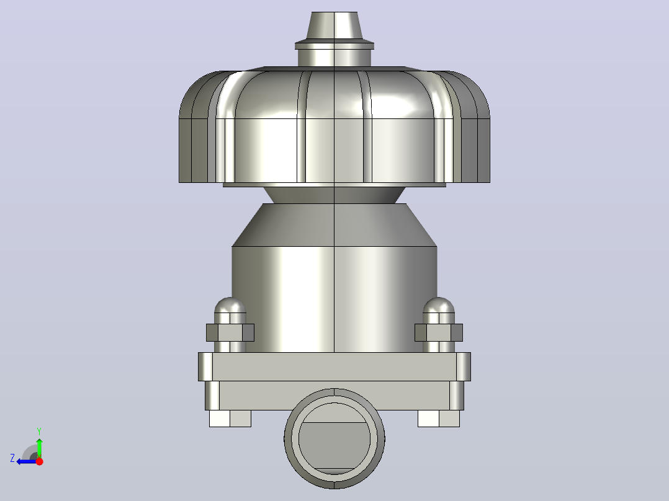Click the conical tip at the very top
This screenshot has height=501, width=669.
[334, 25]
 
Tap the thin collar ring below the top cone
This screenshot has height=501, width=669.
[334, 45]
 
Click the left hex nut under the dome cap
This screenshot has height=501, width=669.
[230, 332]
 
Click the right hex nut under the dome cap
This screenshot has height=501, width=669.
[439, 332]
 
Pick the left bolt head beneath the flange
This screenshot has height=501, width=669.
[230, 419]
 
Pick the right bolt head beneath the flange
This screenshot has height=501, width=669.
[439, 419]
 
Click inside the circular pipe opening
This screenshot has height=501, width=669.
[334, 438]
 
